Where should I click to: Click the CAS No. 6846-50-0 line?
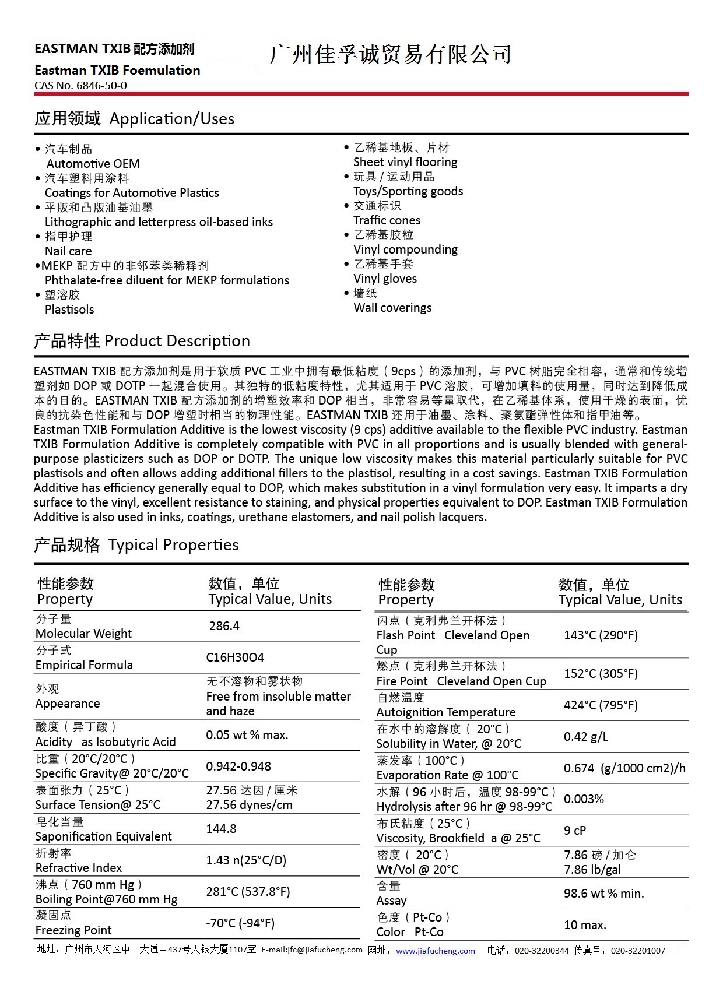80,85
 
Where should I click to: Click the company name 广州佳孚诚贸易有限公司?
390,54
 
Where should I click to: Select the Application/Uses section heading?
134,118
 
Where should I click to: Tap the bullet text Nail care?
68,251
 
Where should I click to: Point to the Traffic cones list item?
387,220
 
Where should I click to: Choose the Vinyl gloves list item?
385,279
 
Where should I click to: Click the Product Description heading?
142,341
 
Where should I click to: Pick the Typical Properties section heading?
136,545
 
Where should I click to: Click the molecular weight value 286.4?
224,626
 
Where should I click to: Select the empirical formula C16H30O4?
235,657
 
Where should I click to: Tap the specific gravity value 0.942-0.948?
238,766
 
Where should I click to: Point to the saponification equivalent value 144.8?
221,829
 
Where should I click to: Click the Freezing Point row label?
73,930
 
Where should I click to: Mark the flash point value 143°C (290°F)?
601,635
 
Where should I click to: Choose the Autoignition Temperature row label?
446,712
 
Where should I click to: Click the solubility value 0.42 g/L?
585,737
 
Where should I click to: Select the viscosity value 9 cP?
574,831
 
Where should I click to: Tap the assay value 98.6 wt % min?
603,894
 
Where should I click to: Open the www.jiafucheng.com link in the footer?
435,951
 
